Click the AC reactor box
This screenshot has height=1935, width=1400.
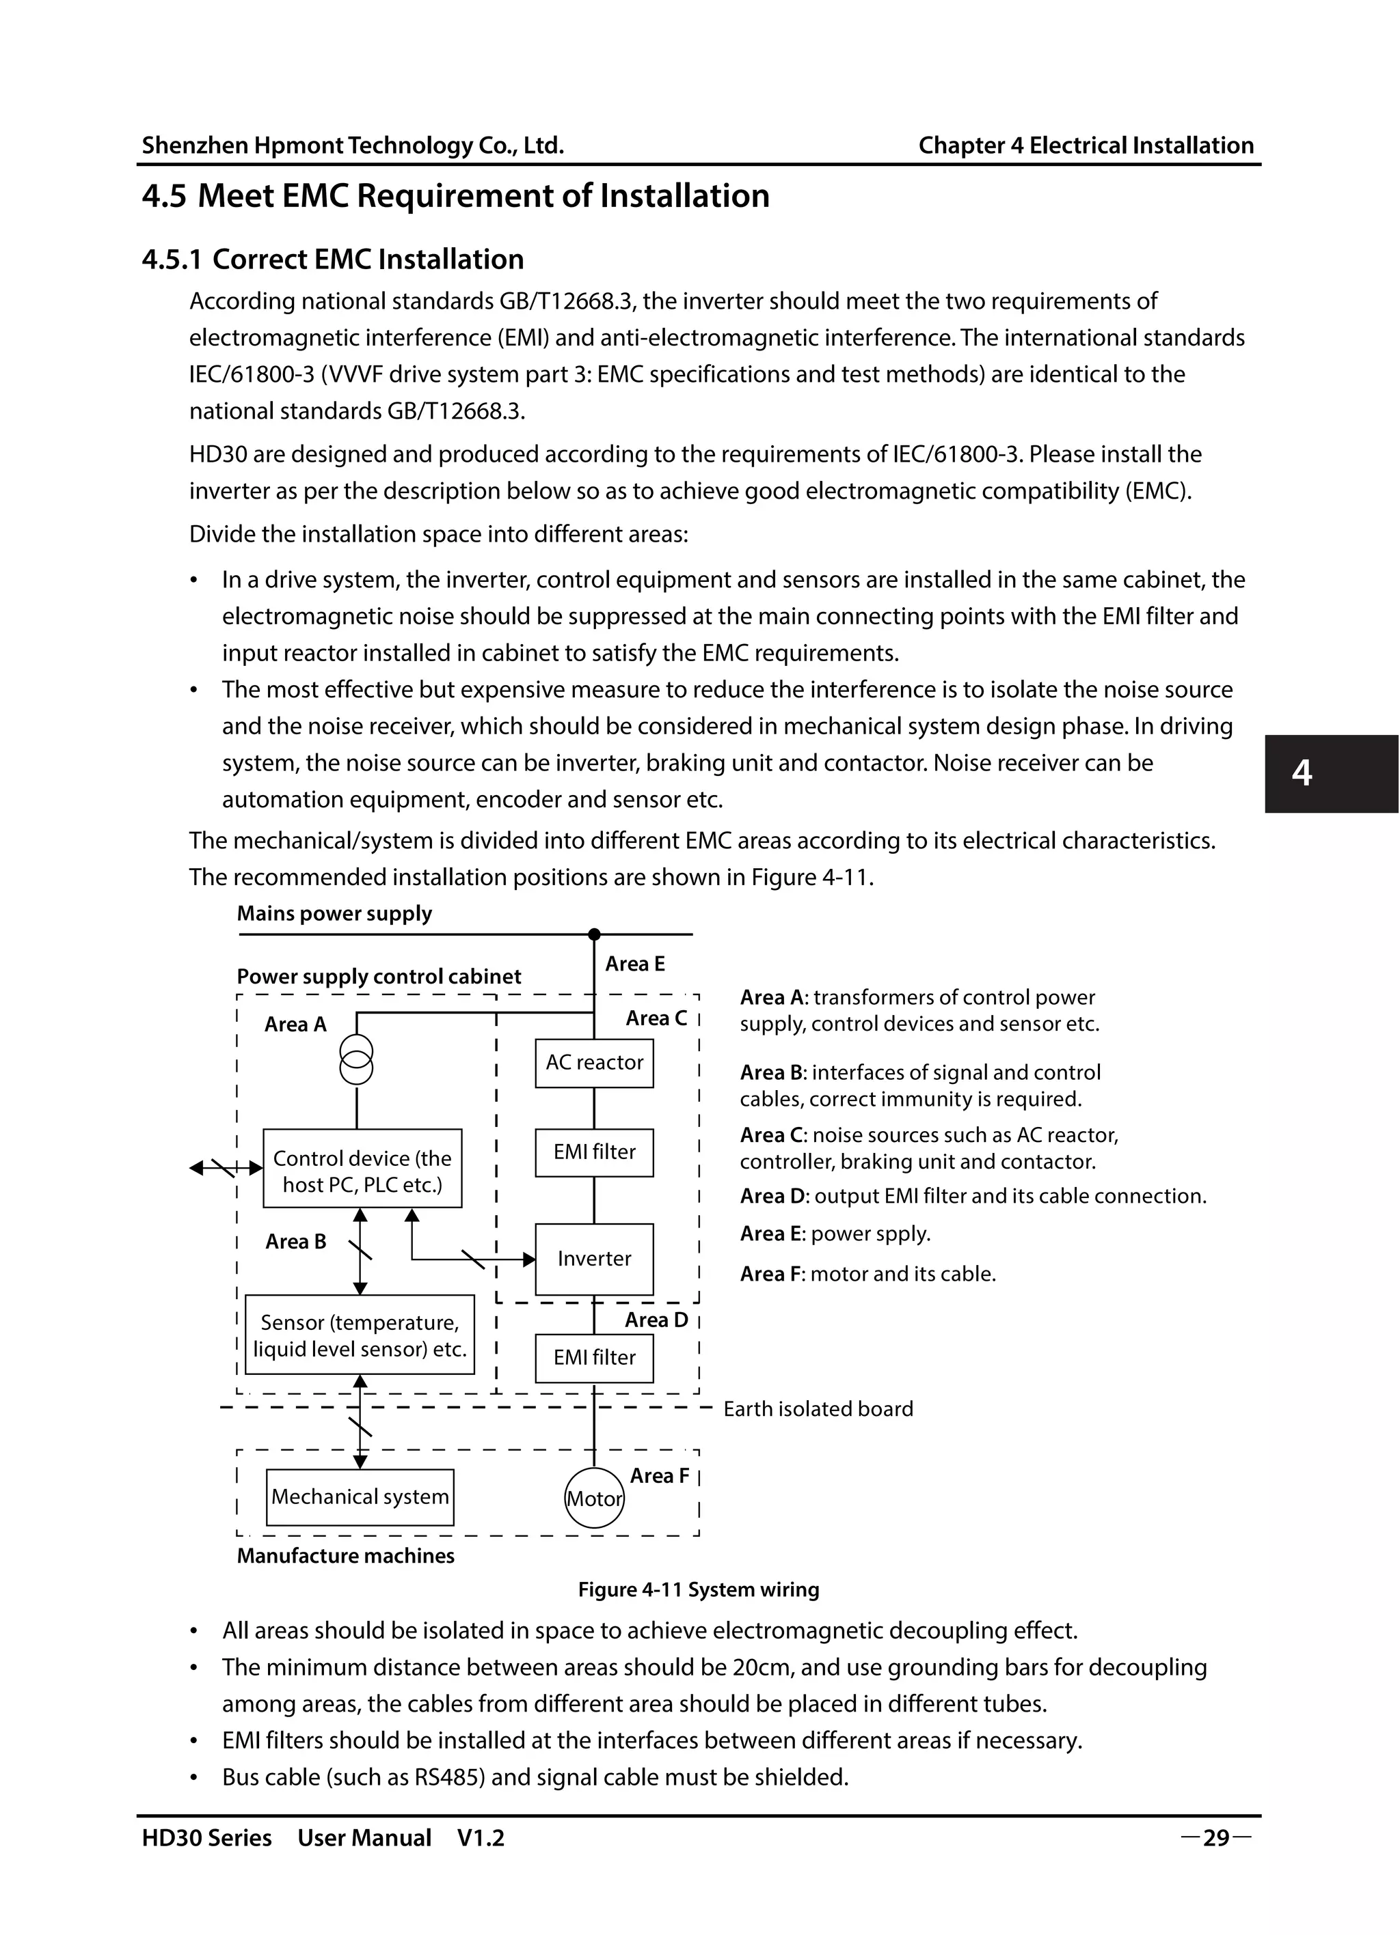pos(594,1062)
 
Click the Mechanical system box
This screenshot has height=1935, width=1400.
pos(360,1497)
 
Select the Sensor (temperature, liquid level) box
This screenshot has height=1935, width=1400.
pos(360,1335)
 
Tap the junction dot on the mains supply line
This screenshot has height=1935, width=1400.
pos(594,934)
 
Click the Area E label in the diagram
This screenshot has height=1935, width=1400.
pos(634,964)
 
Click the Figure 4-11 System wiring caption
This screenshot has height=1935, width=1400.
pos(699,1589)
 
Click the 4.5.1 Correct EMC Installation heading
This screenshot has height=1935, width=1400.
pos(333,260)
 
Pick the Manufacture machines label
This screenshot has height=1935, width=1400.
pos(345,1555)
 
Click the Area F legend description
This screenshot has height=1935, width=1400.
pos(867,1274)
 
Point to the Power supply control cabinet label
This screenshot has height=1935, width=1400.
pos(378,976)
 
